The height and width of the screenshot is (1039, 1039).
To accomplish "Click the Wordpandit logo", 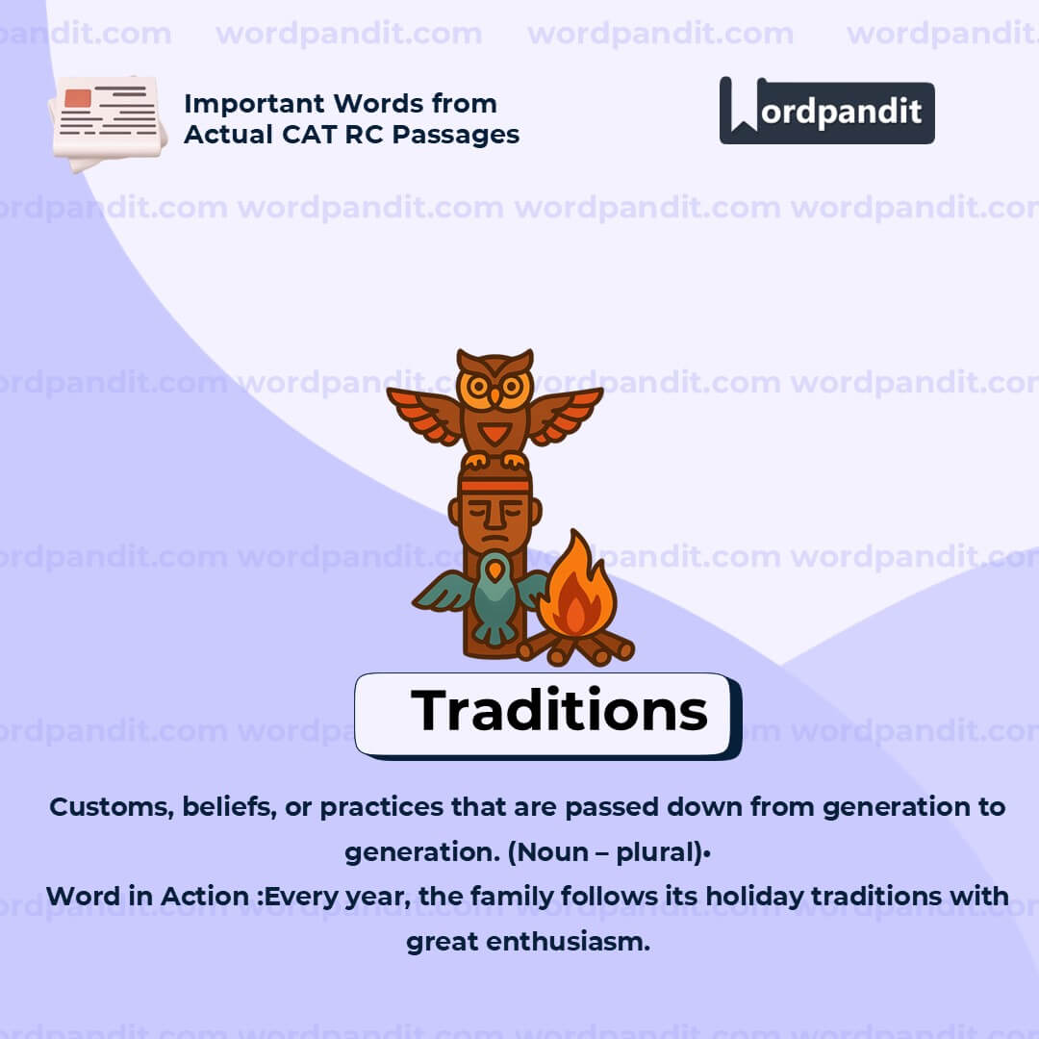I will [x=826, y=111].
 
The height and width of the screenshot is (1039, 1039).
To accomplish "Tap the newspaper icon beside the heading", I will [x=107, y=122].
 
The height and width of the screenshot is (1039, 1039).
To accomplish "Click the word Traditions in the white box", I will [x=559, y=712].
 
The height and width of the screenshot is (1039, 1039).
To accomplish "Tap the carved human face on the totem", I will [x=494, y=515].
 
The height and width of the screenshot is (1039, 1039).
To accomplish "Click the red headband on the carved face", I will [x=494, y=487].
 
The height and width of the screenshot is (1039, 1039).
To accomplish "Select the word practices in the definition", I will [x=381, y=807].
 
